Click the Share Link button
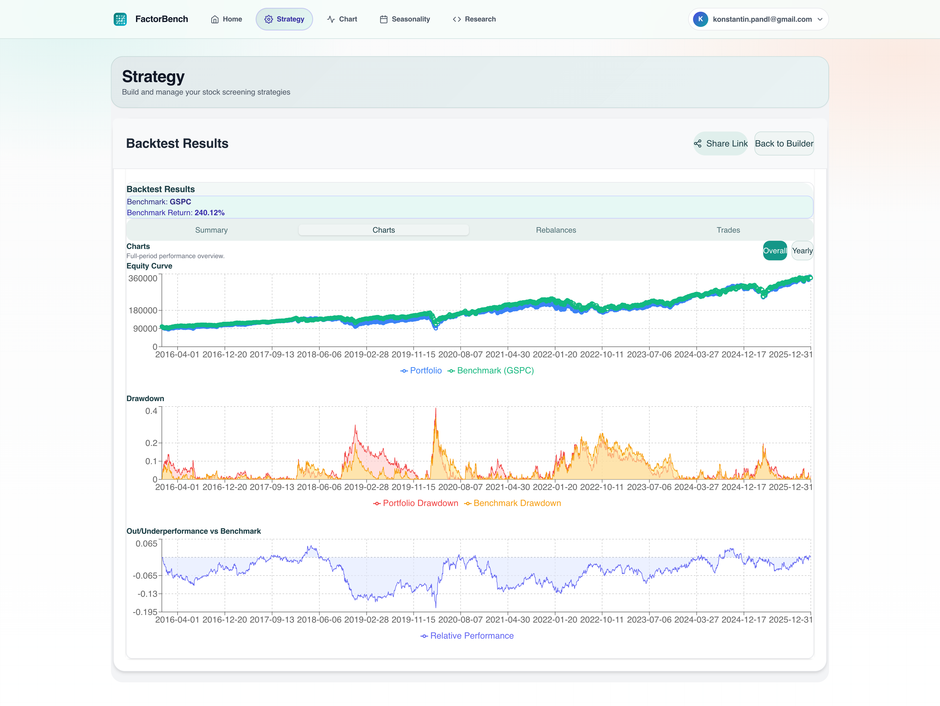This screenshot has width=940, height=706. click(721, 143)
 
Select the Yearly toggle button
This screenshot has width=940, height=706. click(802, 251)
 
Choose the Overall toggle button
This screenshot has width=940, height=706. click(774, 251)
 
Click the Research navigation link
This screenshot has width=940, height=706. click(474, 19)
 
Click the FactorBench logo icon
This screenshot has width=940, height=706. click(120, 19)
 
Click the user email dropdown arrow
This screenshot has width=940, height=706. click(820, 19)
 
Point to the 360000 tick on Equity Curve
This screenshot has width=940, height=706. click(143, 279)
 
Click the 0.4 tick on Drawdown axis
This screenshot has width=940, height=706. click(151, 411)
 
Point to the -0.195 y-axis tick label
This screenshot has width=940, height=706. click(145, 612)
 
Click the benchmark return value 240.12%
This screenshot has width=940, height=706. click(209, 213)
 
